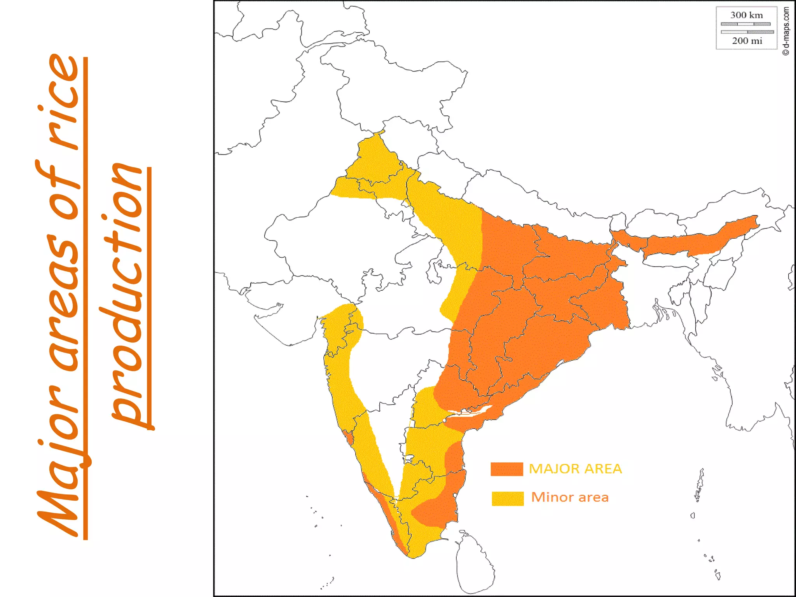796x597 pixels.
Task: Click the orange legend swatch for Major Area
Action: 506,469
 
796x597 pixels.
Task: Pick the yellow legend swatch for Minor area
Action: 508,498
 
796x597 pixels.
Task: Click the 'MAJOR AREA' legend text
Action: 575,469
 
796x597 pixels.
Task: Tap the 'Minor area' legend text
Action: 570,497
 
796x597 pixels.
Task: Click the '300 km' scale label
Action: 746,16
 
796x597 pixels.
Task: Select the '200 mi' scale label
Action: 747,41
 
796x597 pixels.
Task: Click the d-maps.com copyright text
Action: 786,31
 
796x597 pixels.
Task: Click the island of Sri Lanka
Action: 474,564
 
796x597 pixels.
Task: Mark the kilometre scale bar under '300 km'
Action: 745,24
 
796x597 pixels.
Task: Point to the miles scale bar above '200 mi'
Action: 747,32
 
